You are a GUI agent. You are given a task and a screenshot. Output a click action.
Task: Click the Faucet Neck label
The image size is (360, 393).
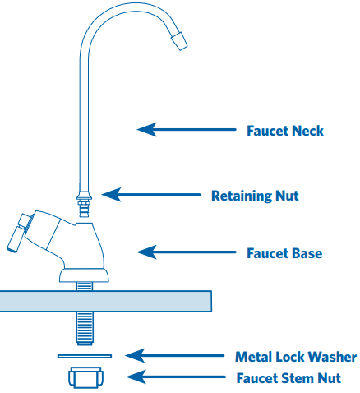click(285, 131)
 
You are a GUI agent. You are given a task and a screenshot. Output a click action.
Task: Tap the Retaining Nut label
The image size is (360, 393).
click(255, 196)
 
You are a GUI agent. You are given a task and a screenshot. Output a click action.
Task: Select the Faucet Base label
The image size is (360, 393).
click(284, 253)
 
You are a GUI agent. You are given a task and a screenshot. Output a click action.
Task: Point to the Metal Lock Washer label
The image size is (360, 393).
click(296, 357)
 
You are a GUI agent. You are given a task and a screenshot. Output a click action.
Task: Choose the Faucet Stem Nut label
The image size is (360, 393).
click(288, 378)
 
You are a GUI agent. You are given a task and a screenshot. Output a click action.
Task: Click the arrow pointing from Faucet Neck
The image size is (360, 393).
click(187, 129)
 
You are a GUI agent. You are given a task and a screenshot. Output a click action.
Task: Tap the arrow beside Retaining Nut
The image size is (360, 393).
click(151, 195)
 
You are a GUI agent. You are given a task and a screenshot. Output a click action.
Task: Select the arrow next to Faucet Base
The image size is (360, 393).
click(187, 252)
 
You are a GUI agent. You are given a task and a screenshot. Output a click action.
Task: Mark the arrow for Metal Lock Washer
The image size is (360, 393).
click(175, 356)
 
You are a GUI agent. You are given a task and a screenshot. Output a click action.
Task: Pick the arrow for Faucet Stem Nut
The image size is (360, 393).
click(176, 377)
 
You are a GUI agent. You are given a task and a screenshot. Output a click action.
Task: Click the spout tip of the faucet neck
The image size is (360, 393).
click(179, 41)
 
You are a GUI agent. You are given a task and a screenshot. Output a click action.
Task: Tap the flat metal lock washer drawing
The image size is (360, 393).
click(85, 356)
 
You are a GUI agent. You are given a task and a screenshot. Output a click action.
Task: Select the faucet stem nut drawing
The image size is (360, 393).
click(85, 377)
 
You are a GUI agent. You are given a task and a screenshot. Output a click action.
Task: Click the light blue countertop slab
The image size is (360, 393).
click(105, 301)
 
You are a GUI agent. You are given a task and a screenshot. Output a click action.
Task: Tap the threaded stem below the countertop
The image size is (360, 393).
click(85, 328)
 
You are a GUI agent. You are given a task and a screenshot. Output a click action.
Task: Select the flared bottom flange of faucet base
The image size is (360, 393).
click(84, 275)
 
